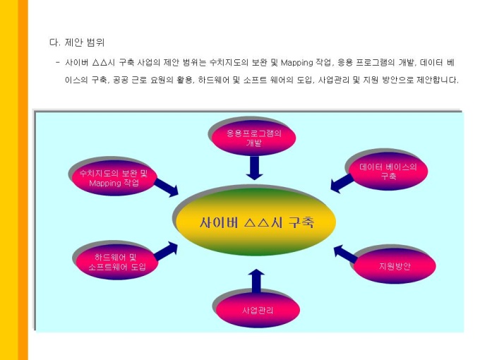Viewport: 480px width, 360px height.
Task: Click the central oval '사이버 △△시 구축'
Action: click(x=256, y=222)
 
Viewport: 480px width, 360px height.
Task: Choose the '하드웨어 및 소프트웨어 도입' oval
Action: click(x=116, y=262)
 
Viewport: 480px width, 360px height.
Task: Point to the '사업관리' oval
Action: click(x=257, y=309)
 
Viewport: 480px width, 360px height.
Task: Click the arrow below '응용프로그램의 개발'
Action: click(x=255, y=167)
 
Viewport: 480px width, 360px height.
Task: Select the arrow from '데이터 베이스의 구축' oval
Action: click(x=342, y=183)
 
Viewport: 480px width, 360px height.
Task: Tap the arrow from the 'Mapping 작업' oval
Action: click(x=166, y=187)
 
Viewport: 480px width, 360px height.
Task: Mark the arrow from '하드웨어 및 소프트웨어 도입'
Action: click(x=166, y=250)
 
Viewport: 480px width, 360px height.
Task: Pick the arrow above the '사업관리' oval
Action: click(x=256, y=280)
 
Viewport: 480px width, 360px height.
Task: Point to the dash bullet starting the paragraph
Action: click(x=56, y=62)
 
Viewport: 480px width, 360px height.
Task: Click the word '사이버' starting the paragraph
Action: click(x=75, y=62)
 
